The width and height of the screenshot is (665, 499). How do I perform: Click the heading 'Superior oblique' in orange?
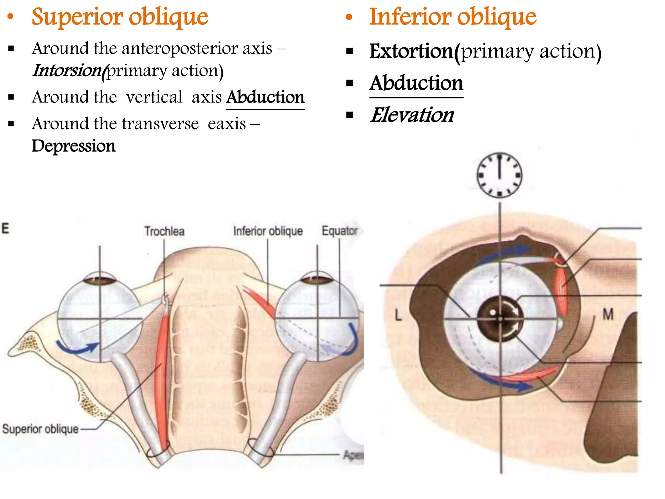(x=120, y=17)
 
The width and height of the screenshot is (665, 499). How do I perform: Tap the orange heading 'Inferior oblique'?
(x=453, y=17)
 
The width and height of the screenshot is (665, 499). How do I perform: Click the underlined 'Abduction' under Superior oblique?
(x=265, y=97)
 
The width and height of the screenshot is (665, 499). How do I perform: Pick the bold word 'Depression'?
(x=73, y=146)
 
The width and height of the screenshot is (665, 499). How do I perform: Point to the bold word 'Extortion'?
(x=411, y=51)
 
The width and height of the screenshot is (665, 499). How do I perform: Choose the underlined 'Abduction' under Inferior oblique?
(x=416, y=83)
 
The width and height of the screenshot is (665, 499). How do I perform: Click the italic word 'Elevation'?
(x=412, y=115)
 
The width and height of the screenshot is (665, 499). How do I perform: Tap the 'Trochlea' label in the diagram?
(x=164, y=231)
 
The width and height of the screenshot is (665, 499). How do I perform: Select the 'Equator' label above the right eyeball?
(x=340, y=231)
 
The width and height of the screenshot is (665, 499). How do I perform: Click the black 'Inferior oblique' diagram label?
(x=268, y=231)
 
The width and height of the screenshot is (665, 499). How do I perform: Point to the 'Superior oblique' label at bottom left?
(x=40, y=429)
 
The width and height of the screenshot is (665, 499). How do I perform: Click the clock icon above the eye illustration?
(x=499, y=175)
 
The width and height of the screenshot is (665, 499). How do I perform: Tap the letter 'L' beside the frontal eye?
(x=398, y=315)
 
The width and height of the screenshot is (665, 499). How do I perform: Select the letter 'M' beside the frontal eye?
(x=608, y=314)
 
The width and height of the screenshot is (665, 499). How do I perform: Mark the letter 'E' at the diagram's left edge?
(x=5, y=228)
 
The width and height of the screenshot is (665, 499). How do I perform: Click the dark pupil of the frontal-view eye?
(x=500, y=319)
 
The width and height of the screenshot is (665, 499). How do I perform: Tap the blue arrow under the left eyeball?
(x=78, y=348)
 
